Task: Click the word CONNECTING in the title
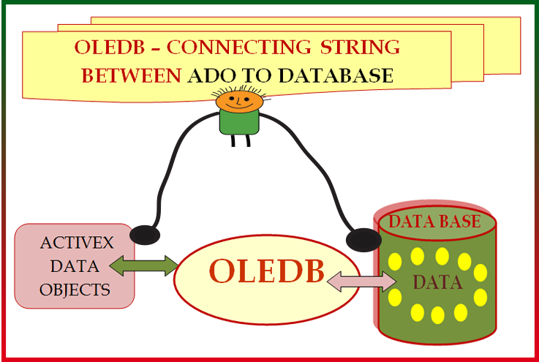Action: click(x=239, y=47)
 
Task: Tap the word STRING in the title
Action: click(x=360, y=47)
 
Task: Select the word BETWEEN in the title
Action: click(x=132, y=75)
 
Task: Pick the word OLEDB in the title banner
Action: click(x=109, y=47)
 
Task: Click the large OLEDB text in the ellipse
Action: click(x=267, y=271)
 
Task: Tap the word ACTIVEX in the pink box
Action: click(x=77, y=243)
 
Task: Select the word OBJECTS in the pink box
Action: click(x=75, y=290)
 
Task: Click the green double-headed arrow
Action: click(x=143, y=265)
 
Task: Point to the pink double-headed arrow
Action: click(x=361, y=282)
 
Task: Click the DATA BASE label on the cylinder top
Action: click(x=434, y=222)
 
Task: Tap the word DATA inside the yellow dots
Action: click(x=437, y=282)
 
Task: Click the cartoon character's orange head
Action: click(x=239, y=102)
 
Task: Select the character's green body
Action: click(x=239, y=122)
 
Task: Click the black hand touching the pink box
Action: click(x=145, y=235)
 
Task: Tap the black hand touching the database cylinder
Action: click(x=363, y=240)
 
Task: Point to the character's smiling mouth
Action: click(x=239, y=106)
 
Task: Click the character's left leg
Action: click(x=233, y=140)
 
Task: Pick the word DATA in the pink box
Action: click(x=75, y=266)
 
